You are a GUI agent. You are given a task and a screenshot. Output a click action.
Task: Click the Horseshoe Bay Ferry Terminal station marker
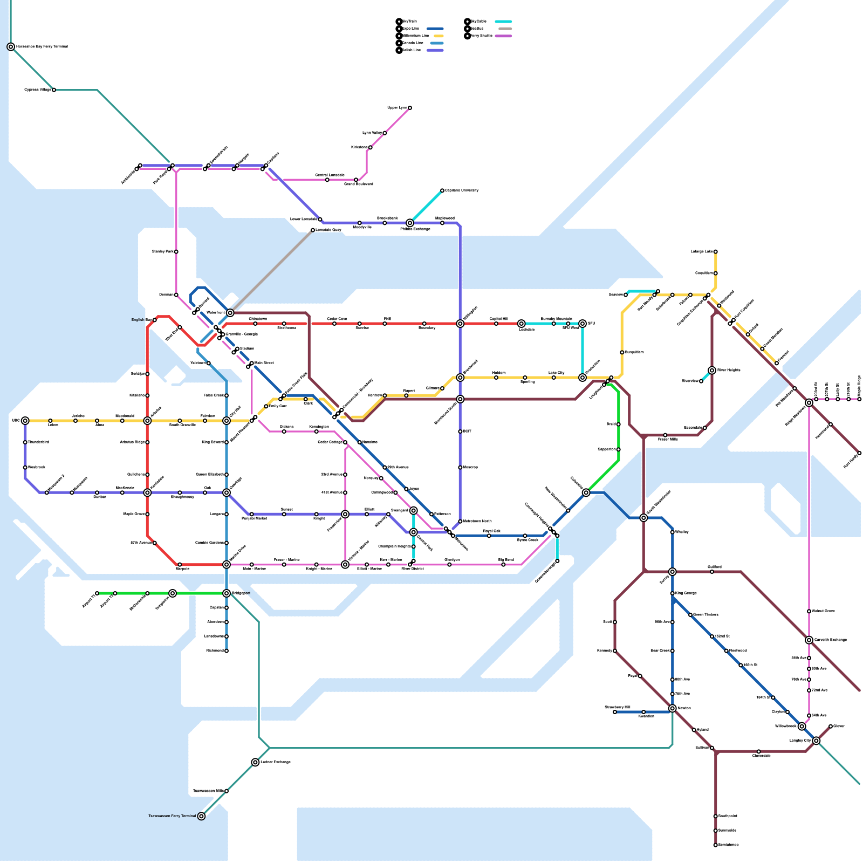(11, 47)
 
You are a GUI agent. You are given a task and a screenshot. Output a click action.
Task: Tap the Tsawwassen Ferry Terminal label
(172, 816)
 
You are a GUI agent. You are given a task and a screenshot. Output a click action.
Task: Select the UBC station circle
(25, 421)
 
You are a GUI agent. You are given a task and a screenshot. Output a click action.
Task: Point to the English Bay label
(141, 320)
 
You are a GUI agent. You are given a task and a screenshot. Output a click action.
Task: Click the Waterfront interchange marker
(230, 313)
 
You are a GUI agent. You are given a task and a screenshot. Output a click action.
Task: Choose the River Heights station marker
(712, 371)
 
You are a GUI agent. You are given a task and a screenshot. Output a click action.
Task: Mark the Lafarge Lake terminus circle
(716, 252)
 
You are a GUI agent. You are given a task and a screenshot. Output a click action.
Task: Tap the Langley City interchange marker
(817, 741)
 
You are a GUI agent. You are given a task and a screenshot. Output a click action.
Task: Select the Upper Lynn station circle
(410, 108)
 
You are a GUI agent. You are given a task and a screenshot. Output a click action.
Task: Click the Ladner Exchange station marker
(255, 762)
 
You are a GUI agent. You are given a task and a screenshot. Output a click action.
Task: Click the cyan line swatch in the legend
(503, 22)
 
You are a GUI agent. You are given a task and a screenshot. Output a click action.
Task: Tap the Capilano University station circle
(442, 190)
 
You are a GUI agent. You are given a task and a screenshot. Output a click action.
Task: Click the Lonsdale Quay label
(328, 230)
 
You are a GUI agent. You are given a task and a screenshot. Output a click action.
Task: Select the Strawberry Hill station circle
(615, 712)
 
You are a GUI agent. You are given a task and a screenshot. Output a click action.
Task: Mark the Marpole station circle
(180, 565)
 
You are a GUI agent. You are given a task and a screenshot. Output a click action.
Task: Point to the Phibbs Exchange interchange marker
(410, 223)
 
